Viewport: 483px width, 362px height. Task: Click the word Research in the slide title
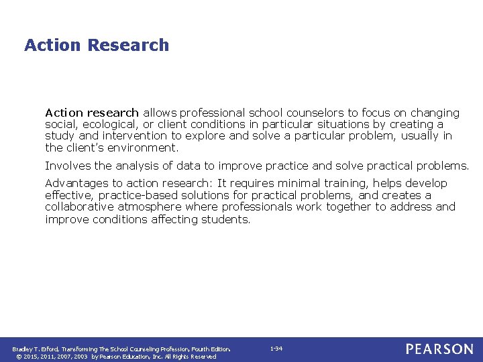point(128,46)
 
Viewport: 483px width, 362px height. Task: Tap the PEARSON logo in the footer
point(439,349)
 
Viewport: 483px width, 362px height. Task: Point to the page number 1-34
point(276,349)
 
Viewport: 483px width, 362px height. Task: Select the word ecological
point(109,125)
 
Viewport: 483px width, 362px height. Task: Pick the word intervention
point(137,136)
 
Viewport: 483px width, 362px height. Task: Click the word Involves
point(66,166)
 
